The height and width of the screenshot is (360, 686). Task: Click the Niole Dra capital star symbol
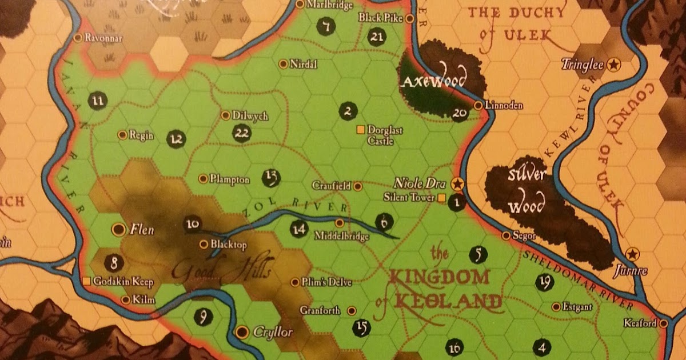click(x=456, y=184)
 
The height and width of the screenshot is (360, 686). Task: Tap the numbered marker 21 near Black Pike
click(x=376, y=38)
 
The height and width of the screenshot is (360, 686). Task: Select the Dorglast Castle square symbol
click(x=360, y=130)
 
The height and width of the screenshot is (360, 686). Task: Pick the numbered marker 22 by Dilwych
click(x=242, y=133)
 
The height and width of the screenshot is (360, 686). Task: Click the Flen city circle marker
click(x=118, y=230)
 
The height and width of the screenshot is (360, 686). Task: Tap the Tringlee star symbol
click(x=613, y=65)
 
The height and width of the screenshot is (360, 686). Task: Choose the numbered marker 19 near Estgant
click(x=544, y=281)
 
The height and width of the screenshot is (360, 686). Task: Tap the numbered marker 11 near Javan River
click(x=98, y=101)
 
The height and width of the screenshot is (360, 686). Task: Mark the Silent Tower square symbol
click(x=441, y=198)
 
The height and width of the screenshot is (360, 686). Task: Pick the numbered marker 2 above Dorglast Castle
click(x=346, y=111)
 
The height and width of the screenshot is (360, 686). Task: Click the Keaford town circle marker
click(x=663, y=323)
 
